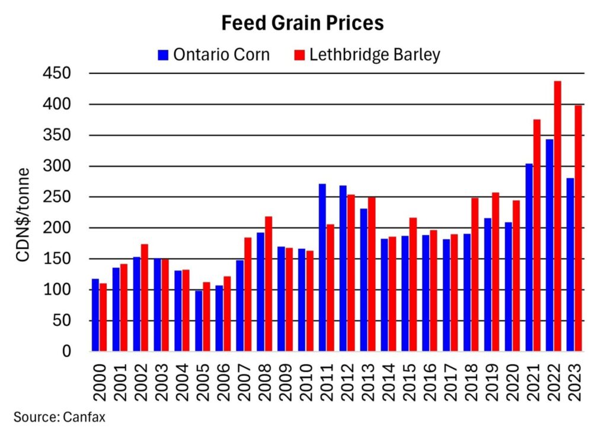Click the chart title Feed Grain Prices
tap(303, 23)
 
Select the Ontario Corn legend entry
tap(214, 55)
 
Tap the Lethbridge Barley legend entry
tap(368, 55)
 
